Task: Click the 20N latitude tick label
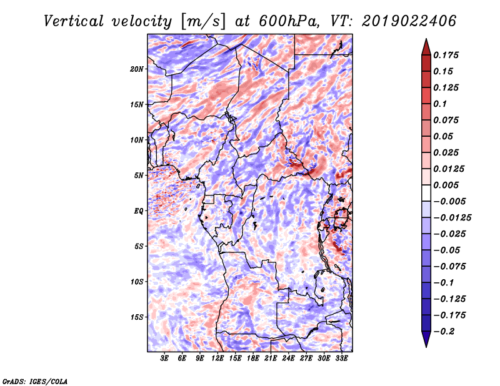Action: [137, 69]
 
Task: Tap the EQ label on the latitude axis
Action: [139, 211]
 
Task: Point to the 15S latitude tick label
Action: [137, 317]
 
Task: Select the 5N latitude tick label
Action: [139, 176]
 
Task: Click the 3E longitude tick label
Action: [165, 359]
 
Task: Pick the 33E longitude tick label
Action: [342, 359]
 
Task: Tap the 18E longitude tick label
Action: [253, 359]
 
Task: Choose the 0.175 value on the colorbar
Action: [449, 55]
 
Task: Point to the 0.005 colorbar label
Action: [449, 185]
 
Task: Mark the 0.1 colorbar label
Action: [445, 104]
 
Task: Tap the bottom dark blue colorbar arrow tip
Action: [425, 345]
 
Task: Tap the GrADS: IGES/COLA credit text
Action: [35, 380]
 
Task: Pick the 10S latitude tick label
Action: [137, 282]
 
